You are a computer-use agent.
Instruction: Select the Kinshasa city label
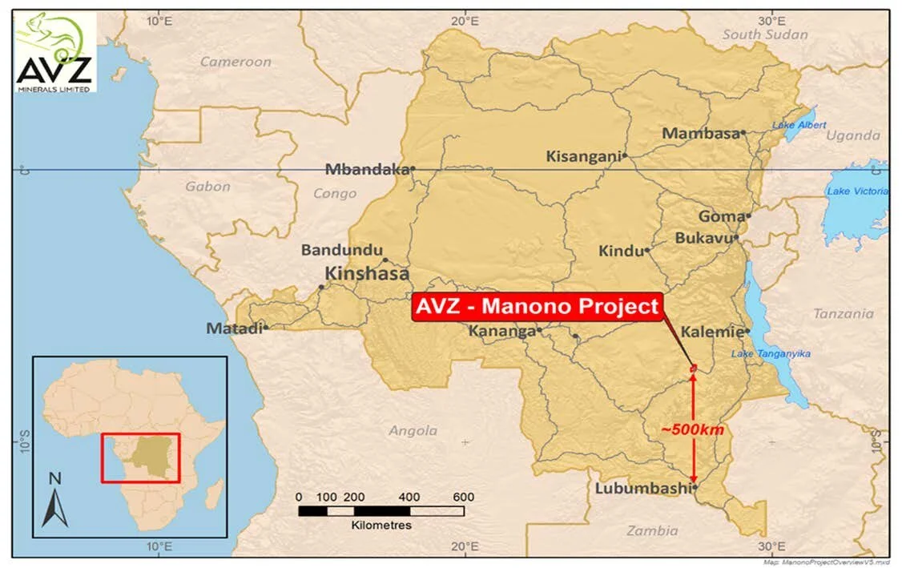(x=367, y=272)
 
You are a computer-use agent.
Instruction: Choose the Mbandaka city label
(x=366, y=169)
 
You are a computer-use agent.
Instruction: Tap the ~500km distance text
(x=693, y=430)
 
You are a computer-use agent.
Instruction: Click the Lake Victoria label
(x=857, y=191)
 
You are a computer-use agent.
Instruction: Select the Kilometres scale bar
(x=381, y=510)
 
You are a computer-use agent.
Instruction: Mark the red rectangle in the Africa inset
(x=140, y=457)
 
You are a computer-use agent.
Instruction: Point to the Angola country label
(x=413, y=431)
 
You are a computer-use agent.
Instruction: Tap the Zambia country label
(x=652, y=530)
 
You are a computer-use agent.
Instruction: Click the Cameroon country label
(x=236, y=62)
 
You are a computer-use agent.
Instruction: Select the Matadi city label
(x=233, y=328)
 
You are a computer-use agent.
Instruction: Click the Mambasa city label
(x=700, y=134)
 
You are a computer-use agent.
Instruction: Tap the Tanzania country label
(x=844, y=314)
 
